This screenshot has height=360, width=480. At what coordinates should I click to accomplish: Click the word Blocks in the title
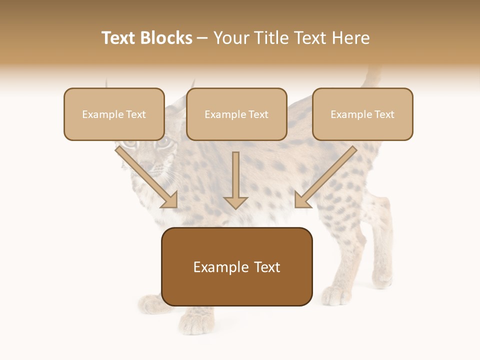(x=166, y=38)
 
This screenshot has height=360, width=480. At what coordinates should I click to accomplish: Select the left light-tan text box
(x=114, y=114)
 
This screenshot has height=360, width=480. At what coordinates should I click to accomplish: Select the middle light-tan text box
(x=236, y=114)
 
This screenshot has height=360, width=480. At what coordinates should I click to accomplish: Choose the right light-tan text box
(x=362, y=114)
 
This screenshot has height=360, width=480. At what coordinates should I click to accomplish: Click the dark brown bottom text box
(x=236, y=267)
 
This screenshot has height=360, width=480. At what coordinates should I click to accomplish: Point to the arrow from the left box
(x=147, y=177)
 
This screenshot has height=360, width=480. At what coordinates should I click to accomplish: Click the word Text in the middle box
(x=258, y=114)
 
